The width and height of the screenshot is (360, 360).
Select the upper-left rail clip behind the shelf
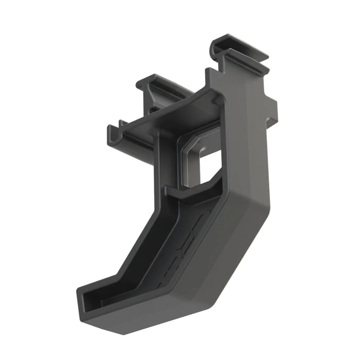(154, 82)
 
